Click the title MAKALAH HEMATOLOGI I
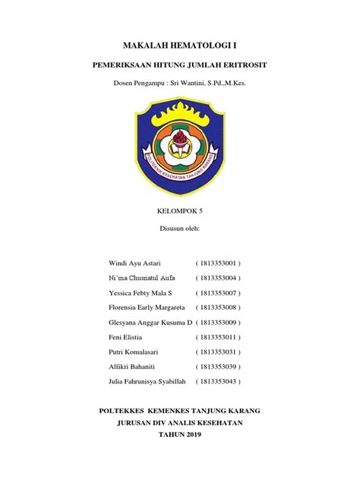180,47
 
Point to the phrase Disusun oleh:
180,227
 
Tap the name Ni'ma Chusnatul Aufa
144,277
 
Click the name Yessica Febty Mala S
142,292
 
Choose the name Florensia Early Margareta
150,307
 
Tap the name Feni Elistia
127,336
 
